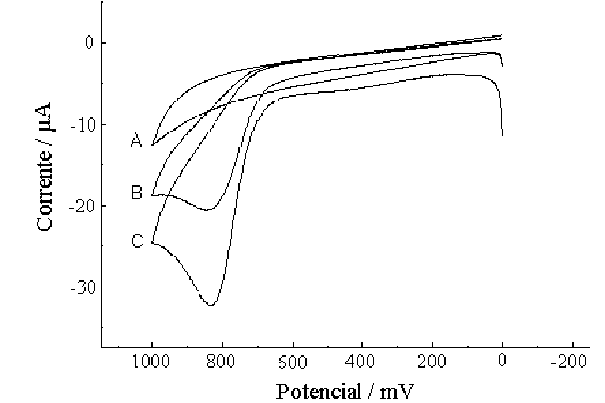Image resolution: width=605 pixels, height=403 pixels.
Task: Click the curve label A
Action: [x=135, y=141]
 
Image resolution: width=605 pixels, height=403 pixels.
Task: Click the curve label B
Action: [x=135, y=194]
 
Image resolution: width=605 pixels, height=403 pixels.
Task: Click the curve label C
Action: [x=135, y=242]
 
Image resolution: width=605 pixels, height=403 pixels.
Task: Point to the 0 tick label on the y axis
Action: [x=88, y=42]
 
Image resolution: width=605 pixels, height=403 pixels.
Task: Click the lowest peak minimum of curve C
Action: [x=211, y=305]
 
